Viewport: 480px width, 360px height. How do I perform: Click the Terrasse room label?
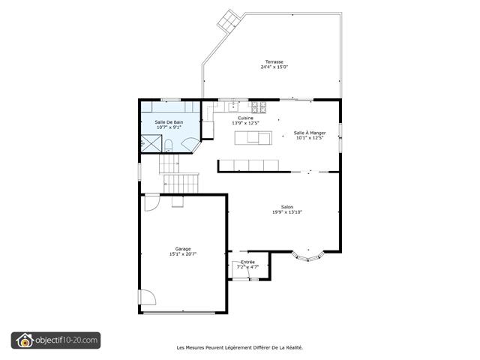coord(274,61)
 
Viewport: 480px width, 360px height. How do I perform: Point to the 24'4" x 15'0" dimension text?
coord(274,67)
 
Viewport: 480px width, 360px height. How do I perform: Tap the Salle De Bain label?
coord(169,122)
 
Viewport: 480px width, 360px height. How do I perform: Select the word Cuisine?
coord(245,118)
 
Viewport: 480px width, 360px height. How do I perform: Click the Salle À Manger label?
coord(310,133)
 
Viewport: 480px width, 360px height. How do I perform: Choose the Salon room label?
coord(287,207)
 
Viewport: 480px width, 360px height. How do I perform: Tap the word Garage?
coord(183,249)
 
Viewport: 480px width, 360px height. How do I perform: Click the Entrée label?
coord(247,262)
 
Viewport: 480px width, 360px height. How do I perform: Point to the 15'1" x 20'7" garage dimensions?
coord(183,253)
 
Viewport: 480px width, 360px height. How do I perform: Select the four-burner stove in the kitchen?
coord(259,106)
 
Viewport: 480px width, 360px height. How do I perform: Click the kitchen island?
coord(253,138)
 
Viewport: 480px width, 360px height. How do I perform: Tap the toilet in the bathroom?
coord(168,145)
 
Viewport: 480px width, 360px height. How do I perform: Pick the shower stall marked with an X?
coord(151,143)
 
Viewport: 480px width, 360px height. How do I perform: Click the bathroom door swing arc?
coord(190,142)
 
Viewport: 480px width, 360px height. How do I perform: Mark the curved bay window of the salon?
coord(308,257)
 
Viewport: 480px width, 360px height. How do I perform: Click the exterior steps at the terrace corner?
coord(229,20)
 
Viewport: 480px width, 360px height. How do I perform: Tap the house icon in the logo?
coord(25,340)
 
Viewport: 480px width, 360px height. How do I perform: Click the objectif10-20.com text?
coord(67,340)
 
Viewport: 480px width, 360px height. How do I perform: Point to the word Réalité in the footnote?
coord(294,347)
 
